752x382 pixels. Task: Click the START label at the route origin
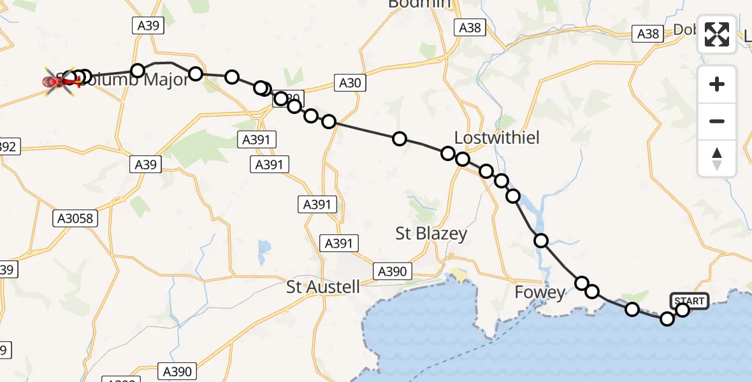click(x=689, y=301)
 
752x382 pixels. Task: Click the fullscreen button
click(x=717, y=34)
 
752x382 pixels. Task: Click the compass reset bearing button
click(x=717, y=159)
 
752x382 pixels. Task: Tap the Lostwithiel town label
click(x=497, y=138)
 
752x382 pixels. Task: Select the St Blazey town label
click(x=431, y=234)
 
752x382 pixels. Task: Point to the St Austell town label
click(x=323, y=286)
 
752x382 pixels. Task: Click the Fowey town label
click(x=540, y=293)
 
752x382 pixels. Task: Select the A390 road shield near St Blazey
click(x=391, y=271)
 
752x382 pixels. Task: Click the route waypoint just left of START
click(x=667, y=318)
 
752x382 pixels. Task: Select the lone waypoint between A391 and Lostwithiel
click(x=400, y=139)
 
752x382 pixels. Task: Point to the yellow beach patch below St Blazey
click(x=459, y=276)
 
